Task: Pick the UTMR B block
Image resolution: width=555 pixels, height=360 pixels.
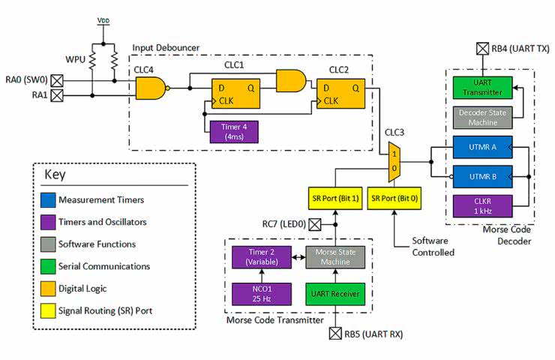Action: coord(482,178)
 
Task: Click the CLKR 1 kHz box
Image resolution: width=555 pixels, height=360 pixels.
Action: coord(482,206)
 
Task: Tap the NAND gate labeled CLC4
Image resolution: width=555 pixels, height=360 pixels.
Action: coord(150,89)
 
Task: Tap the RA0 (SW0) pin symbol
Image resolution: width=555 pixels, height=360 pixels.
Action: coord(56,79)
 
